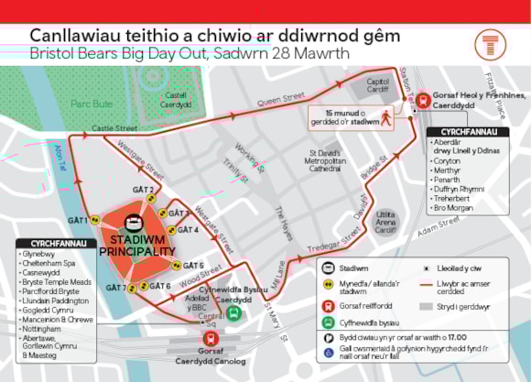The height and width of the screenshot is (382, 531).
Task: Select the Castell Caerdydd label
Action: [x=176, y=99]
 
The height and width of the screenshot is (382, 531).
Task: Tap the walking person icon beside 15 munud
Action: [x=387, y=117]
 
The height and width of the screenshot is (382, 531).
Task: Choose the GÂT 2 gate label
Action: [x=142, y=191]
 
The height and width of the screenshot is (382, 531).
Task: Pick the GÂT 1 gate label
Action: [x=79, y=220]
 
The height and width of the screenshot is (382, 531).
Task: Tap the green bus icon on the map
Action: [x=234, y=312]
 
